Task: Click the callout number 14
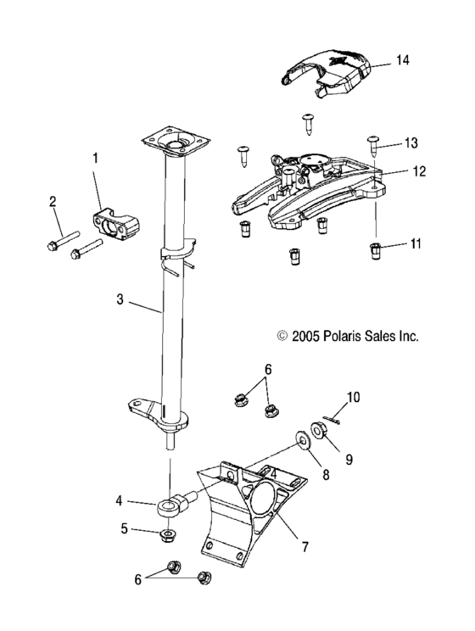tap(402, 60)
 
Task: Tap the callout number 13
tap(411, 142)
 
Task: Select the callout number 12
tap(419, 171)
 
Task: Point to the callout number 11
tap(415, 243)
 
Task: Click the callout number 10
tap(353, 397)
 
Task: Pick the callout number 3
tap(120, 299)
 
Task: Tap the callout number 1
tap(95, 158)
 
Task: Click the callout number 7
tap(305, 547)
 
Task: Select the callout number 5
tap(125, 528)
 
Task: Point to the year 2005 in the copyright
tap(305, 336)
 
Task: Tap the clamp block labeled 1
tap(116, 221)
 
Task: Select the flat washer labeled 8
tap(302, 439)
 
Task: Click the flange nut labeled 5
tap(166, 535)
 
